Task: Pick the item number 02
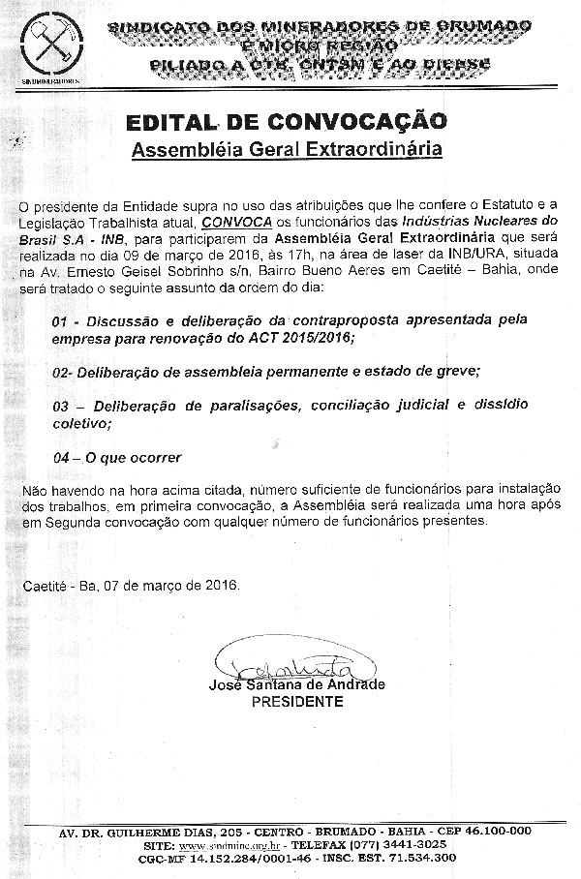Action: pos(60,371)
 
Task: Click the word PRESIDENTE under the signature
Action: pos(297,702)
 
